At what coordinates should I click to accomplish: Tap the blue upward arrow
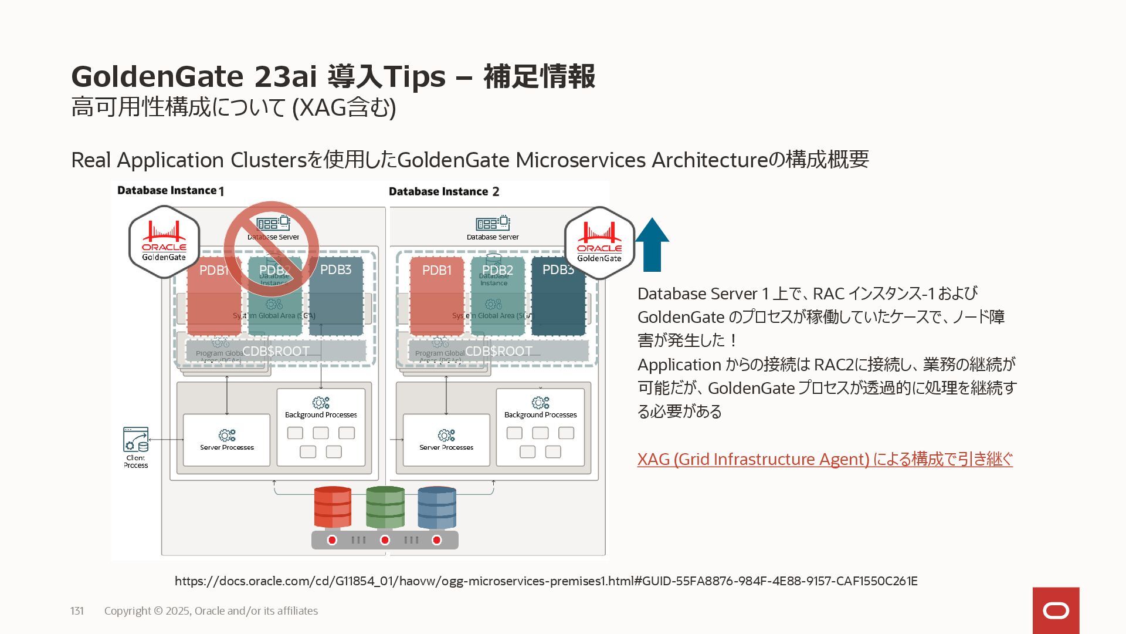point(652,245)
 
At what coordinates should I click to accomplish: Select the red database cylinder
point(333,507)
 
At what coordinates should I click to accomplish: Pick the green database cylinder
point(385,507)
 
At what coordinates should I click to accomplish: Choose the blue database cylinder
point(437,507)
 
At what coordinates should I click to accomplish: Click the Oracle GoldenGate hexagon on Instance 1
point(164,242)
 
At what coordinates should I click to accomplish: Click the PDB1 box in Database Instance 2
point(437,296)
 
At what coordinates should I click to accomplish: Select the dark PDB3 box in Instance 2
point(558,296)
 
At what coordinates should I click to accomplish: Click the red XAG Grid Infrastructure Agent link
point(825,459)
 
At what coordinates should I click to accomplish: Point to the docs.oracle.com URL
point(546,581)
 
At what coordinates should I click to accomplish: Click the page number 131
point(77,611)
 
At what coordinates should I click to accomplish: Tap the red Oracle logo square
point(1056,611)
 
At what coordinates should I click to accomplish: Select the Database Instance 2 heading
point(444,191)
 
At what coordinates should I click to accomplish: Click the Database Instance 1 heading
point(170,191)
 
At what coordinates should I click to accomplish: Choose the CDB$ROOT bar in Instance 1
point(276,351)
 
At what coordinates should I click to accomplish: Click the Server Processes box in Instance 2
point(446,440)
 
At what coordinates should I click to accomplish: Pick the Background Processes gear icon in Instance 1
point(321,403)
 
